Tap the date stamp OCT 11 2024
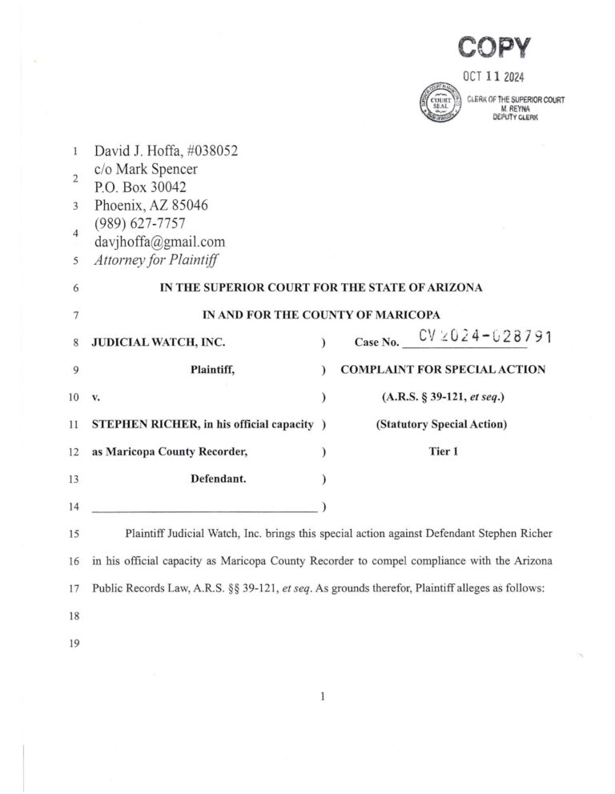click(496, 78)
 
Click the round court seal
click(437, 104)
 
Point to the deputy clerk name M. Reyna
click(516, 108)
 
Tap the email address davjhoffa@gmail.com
click(159, 241)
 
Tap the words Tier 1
click(443, 451)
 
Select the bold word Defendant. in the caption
click(218, 479)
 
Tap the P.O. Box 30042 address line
click(140, 186)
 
